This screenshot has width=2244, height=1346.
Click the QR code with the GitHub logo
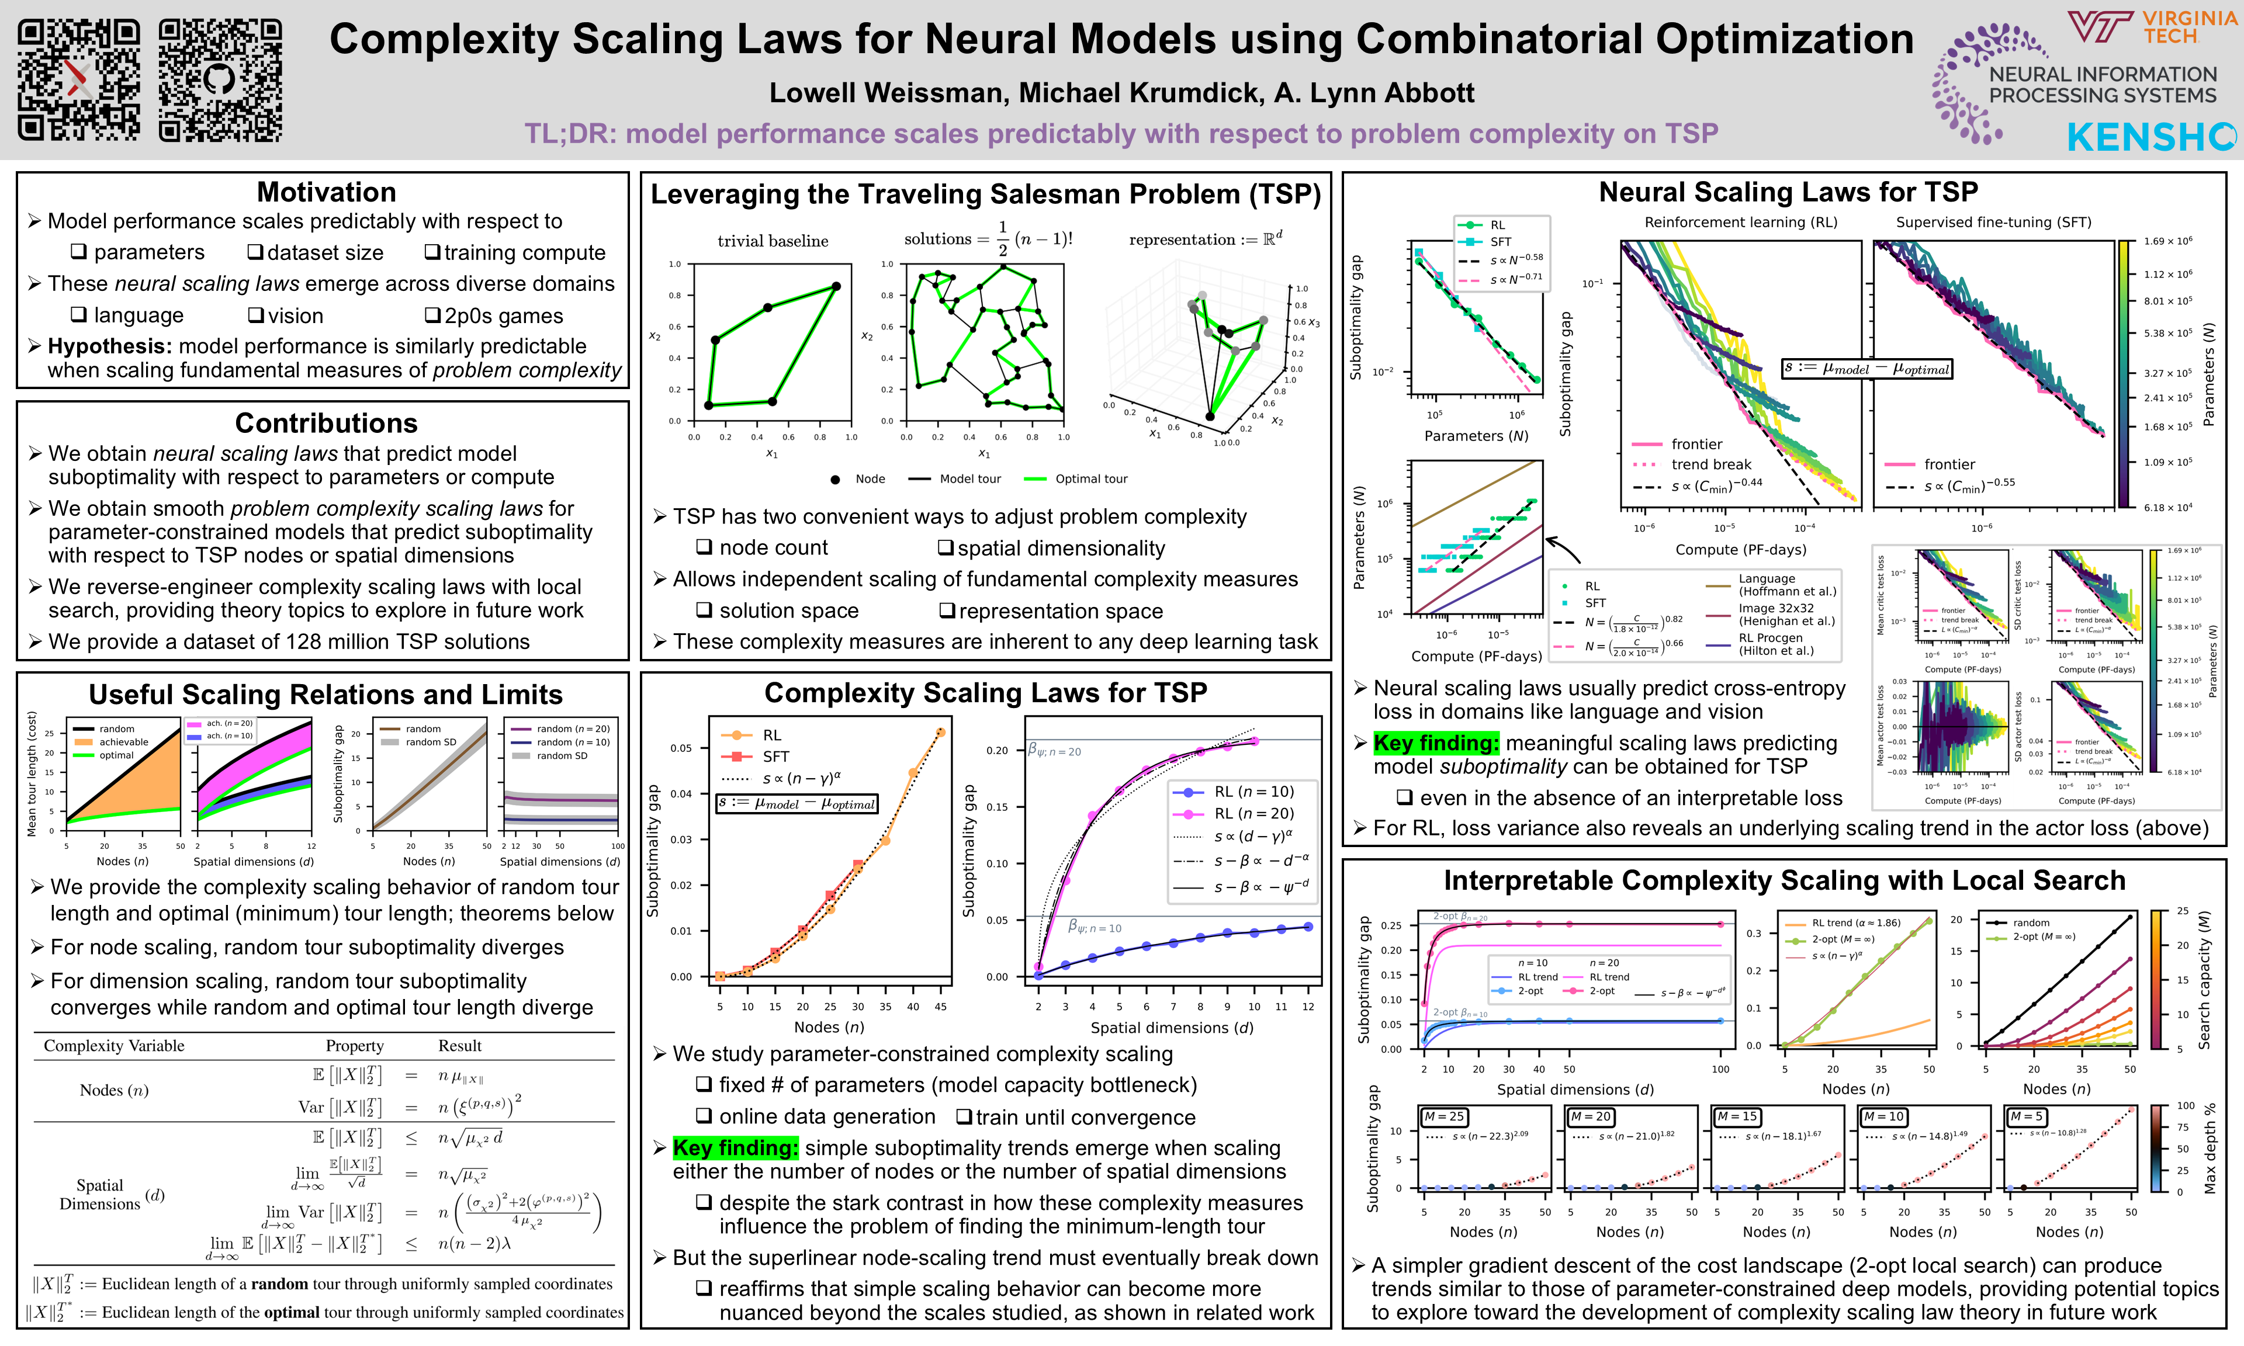[x=220, y=81]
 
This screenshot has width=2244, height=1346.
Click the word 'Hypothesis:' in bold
[x=110, y=346]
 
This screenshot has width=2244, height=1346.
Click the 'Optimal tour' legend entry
[x=1091, y=479]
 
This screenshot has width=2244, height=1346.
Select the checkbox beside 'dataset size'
[x=256, y=252]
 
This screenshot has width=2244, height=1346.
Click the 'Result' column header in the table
[x=460, y=1046]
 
